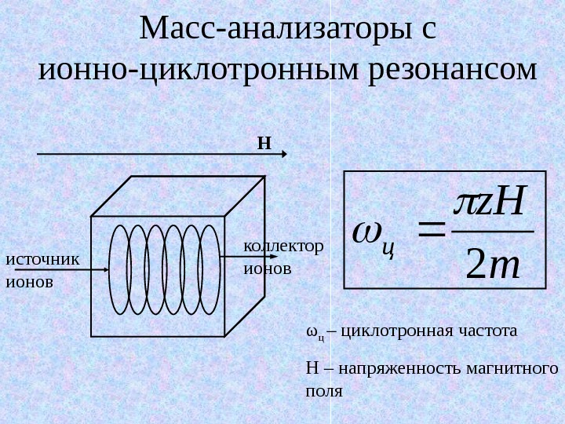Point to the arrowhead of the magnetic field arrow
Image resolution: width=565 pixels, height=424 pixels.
pyautogui.click(x=285, y=155)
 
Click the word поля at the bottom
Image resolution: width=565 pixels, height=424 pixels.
pyautogui.click(x=323, y=389)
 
